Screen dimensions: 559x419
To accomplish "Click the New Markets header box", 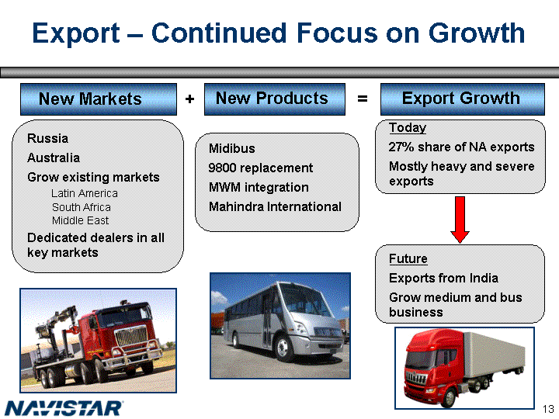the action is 99,99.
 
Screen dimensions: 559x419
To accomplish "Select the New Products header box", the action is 275,99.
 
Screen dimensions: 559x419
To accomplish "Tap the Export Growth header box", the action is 463,99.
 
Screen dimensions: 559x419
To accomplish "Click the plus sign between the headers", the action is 189,99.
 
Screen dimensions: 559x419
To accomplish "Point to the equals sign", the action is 363,99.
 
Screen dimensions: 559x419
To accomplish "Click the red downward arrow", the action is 460,220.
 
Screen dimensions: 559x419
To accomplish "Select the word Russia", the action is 47,138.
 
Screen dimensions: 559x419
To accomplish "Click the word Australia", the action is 54,158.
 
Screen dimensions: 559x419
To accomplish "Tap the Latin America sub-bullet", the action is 85,193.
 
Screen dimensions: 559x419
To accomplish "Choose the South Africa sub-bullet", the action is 82,207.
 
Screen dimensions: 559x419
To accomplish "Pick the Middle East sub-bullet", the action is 80,220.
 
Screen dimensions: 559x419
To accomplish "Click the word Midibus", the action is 231,148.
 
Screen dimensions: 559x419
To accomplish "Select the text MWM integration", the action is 259,187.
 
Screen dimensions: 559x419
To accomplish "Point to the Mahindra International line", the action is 275,206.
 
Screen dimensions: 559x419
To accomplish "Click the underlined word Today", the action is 408,127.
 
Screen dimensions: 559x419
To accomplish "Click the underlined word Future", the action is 408,258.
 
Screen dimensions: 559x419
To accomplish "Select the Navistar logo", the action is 64,408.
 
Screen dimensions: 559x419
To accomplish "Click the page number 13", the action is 548,408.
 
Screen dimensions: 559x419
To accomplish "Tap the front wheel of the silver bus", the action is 283,348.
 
